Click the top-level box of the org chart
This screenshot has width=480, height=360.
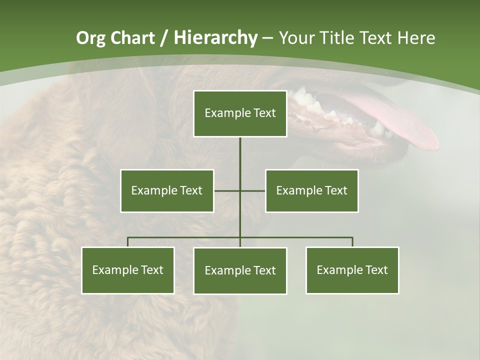[x=240, y=113]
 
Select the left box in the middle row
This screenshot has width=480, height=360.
[x=167, y=190]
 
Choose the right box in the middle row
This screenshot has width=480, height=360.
[x=311, y=190]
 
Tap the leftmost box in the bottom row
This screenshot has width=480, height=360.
[x=128, y=270]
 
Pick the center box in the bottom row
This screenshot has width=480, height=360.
[x=240, y=270]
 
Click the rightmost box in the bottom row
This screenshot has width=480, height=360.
[x=352, y=270]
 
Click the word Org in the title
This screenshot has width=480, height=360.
[x=90, y=38]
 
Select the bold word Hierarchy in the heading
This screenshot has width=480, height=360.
[x=215, y=38]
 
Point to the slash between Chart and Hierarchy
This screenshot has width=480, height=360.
[x=164, y=38]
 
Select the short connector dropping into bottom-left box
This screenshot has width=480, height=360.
[x=128, y=242]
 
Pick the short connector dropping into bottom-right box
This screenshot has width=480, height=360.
[x=352, y=242]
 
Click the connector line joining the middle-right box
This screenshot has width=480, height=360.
[x=253, y=190]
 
